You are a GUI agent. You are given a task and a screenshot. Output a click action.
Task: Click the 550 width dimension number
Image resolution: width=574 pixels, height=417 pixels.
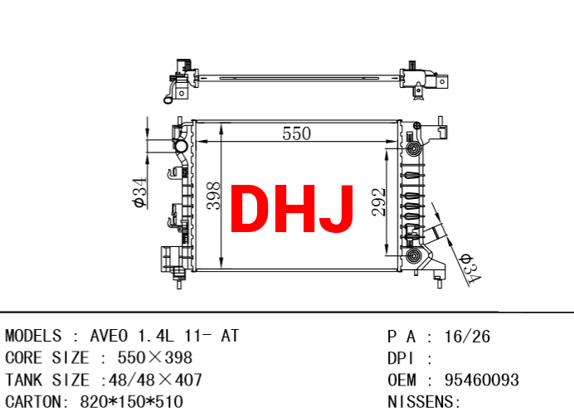tap(296, 133)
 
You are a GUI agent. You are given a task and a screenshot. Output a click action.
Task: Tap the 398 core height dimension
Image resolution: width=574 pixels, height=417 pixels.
tap(214, 196)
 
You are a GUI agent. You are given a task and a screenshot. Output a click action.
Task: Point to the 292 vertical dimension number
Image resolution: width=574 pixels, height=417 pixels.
tap(379, 202)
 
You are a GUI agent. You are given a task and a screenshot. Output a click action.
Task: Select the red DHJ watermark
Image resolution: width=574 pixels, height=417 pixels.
tap(292, 209)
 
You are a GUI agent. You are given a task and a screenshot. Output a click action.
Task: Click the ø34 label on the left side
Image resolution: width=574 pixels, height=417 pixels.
tap(140, 193)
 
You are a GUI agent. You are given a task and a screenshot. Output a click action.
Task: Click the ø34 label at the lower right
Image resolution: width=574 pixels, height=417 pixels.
tap(470, 269)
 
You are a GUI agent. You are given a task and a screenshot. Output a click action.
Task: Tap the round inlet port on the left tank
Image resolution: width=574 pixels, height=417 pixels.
tap(181, 146)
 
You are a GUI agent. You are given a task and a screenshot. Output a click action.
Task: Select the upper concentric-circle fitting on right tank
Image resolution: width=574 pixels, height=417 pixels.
tap(414, 148)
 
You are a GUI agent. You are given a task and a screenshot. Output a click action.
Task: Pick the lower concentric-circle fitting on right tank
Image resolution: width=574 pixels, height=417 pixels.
tap(414, 255)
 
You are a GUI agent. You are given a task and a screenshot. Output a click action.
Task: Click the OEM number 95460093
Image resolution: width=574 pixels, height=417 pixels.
tap(482, 380)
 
